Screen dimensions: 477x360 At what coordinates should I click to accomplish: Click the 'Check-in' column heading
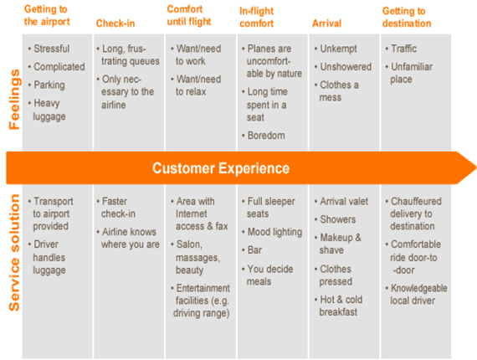pos(115,23)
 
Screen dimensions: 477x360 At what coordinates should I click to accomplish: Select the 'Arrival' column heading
pos(326,23)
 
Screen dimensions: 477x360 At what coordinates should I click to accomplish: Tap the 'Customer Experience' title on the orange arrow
pos(221,168)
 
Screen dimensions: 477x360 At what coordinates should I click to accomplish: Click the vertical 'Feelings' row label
pos(14,100)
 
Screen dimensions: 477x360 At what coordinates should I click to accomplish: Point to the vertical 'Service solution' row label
pos(14,253)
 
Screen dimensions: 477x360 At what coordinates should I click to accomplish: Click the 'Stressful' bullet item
pos(51,49)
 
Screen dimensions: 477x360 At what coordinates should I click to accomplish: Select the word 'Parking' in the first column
pos(49,85)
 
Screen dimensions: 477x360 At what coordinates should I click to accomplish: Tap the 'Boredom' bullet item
pos(266,136)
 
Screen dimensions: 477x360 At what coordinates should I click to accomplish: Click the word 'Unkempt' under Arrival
pos(338,49)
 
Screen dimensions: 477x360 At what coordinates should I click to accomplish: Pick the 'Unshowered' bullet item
pos(346,67)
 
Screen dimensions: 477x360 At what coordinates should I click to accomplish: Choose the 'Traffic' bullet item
pos(403,49)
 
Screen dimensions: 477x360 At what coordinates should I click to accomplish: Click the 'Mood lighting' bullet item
pos(274,232)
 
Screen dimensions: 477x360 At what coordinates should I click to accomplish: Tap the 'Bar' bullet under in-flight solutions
pos(254,250)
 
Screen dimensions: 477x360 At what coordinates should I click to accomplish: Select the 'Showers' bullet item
pos(338,219)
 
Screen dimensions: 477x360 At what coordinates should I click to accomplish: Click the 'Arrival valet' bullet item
pos(344,201)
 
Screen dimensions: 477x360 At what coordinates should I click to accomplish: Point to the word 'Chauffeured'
pos(416,201)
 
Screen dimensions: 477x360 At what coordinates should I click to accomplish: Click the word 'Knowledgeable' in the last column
pos(419,288)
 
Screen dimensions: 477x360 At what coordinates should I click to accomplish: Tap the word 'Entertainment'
pos(203,288)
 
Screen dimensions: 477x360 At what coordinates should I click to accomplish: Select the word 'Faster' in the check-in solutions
pos(115,201)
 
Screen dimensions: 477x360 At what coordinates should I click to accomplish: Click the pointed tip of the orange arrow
pos(475,167)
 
